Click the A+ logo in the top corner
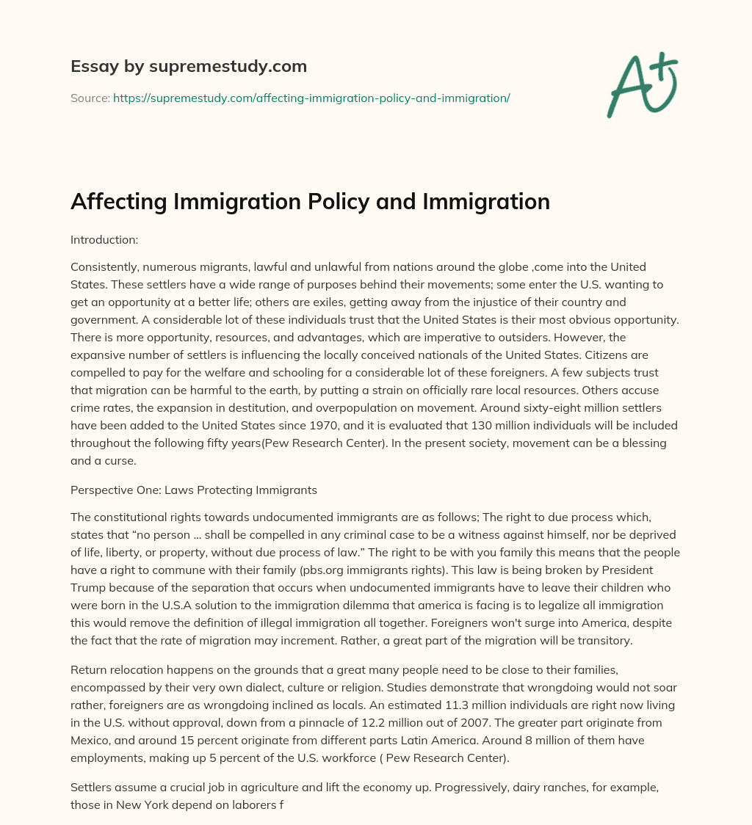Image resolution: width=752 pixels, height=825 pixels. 642,84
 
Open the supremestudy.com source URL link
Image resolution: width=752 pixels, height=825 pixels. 311,98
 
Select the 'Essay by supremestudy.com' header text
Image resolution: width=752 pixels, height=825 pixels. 189,67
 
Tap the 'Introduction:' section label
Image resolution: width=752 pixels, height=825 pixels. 104,239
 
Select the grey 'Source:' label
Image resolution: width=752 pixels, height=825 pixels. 90,98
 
